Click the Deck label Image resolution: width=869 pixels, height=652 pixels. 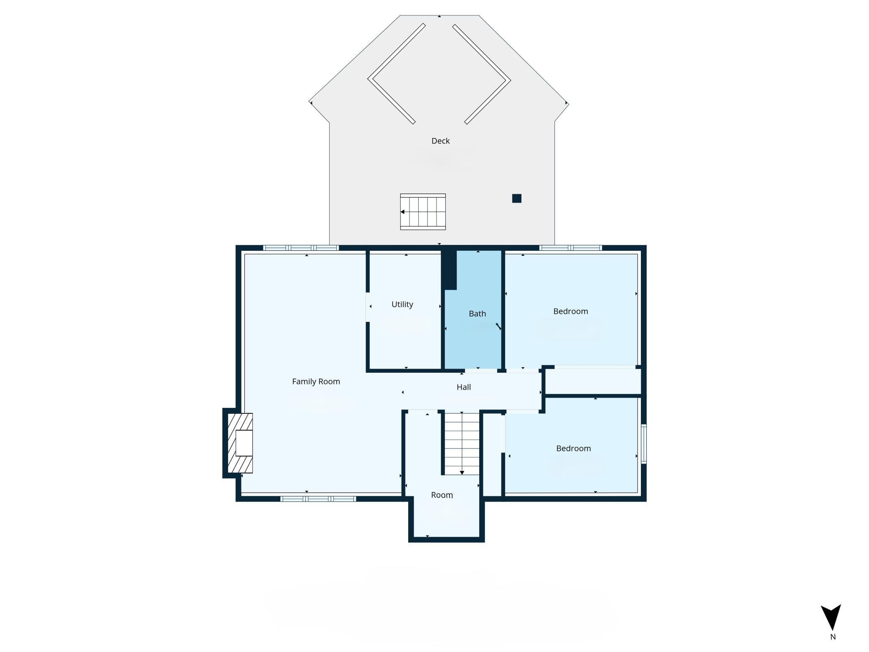pyautogui.click(x=440, y=141)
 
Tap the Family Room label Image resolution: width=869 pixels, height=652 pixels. pyautogui.click(x=316, y=382)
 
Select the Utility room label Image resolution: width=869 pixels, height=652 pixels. pyautogui.click(x=402, y=304)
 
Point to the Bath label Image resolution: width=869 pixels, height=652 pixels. pyautogui.click(x=477, y=313)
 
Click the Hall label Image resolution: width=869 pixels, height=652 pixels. pyautogui.click(x=464, y=387)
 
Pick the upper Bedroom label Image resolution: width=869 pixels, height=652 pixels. pyautogui.click(x=571, y=311)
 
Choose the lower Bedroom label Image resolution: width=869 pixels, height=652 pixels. pyautogui.click(x=574, y=448)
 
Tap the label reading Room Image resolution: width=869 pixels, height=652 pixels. pyautogui.click(x=442, y=495)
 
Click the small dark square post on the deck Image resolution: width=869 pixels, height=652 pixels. pyautogui.click(x=517, y=199)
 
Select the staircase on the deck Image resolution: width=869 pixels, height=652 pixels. pyautogui.click(x=423, y=212)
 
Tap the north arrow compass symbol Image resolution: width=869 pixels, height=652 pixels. pyautogui.click(x=831, y=617)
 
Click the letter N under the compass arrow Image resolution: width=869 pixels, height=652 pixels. pyautogui.click(x=833, y=637)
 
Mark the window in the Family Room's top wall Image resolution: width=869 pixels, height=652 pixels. pyautogui.click(x=301, y=248)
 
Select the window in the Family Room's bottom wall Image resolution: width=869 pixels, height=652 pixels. pyautogui.click(x=318, y=499)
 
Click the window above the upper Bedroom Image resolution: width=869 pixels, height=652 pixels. pyautogui.click(x=571, y=248)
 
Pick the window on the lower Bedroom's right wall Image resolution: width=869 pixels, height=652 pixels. pyautogui.click(x=644, y=444)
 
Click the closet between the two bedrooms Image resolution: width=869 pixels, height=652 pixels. pyautogui.click(x=593, y=381)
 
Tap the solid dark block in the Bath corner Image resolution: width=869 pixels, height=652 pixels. pyautogui.click(x=449, y=270)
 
